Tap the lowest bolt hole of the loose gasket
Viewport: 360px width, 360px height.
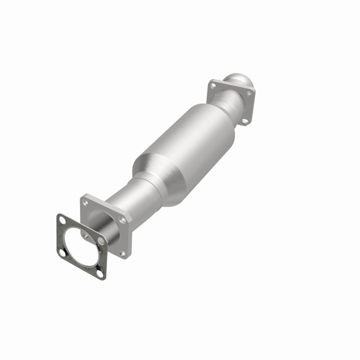pyautogui.click(x=100, y=273)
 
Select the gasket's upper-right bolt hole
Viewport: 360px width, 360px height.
pyautogui.click(x=101, y=242)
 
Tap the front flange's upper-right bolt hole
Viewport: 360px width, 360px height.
pyautogui.click(x=122, y=220)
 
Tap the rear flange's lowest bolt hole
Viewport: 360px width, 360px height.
pyautogui.click(x=244, y=121)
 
